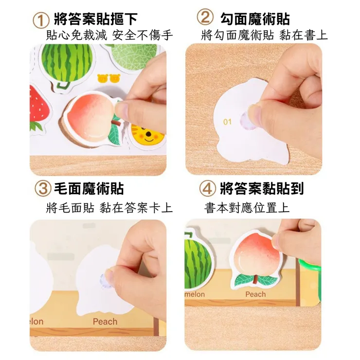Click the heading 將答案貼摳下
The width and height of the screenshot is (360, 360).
pyautogui.click(x=95, y=20)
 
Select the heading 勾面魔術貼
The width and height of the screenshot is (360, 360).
pyautogui.click(x=255, y=18)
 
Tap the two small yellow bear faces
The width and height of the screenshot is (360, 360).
pyautogui.click(x=108, y=77)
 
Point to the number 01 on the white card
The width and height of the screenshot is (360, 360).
pyautogui.click(x=227, y=122)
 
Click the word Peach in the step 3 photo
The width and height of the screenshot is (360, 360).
pyautogui.click(x=105, y=322)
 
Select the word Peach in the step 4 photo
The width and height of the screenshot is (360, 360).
pyautogui.click(x=255, y=294)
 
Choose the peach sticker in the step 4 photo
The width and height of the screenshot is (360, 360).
pyautogui.click(x=255, y=258)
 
